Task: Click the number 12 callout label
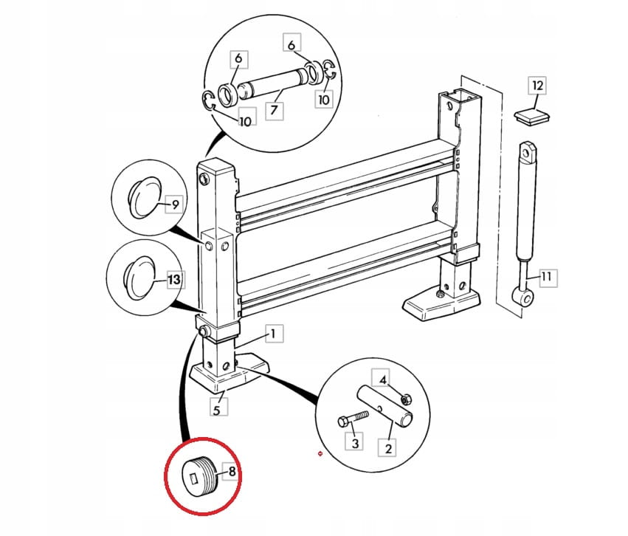[x=537, y=86]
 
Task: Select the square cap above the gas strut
[x=532, y=116]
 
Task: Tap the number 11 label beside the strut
[x=547, y=277]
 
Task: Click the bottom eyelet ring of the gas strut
[x=523, y=297]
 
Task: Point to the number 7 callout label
[x=275, y=110]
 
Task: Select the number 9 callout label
[x=176, y=205]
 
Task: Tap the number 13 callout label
[x=175, y=279]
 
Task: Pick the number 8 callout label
[x=232, y=472]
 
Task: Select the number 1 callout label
[x=274, y=334]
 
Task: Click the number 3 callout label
[x=355, y=443]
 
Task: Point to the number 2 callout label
[x=387, y=447]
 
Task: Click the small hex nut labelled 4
[x=405, y=399]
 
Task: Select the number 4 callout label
[x=383, y=379]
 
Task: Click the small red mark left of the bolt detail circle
[x=320, y=453]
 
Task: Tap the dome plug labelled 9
[x=144, y=197]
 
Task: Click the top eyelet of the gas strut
[x=527, y=153]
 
